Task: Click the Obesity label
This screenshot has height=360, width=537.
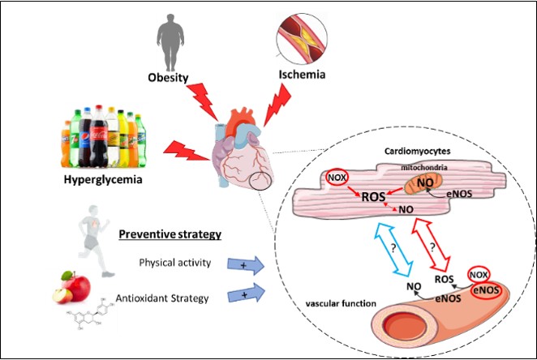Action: click(168, 79)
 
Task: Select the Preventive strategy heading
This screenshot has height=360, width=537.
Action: click(171, 236)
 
